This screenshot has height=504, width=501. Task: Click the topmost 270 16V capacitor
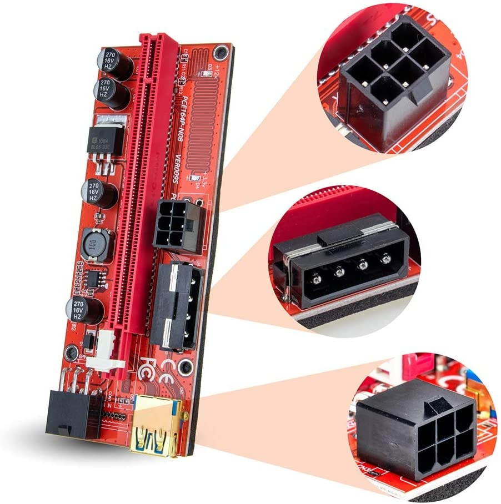coord(115,62)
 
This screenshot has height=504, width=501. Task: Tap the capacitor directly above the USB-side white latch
coord(84,310)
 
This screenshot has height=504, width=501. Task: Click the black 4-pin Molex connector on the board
coord(176,305)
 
